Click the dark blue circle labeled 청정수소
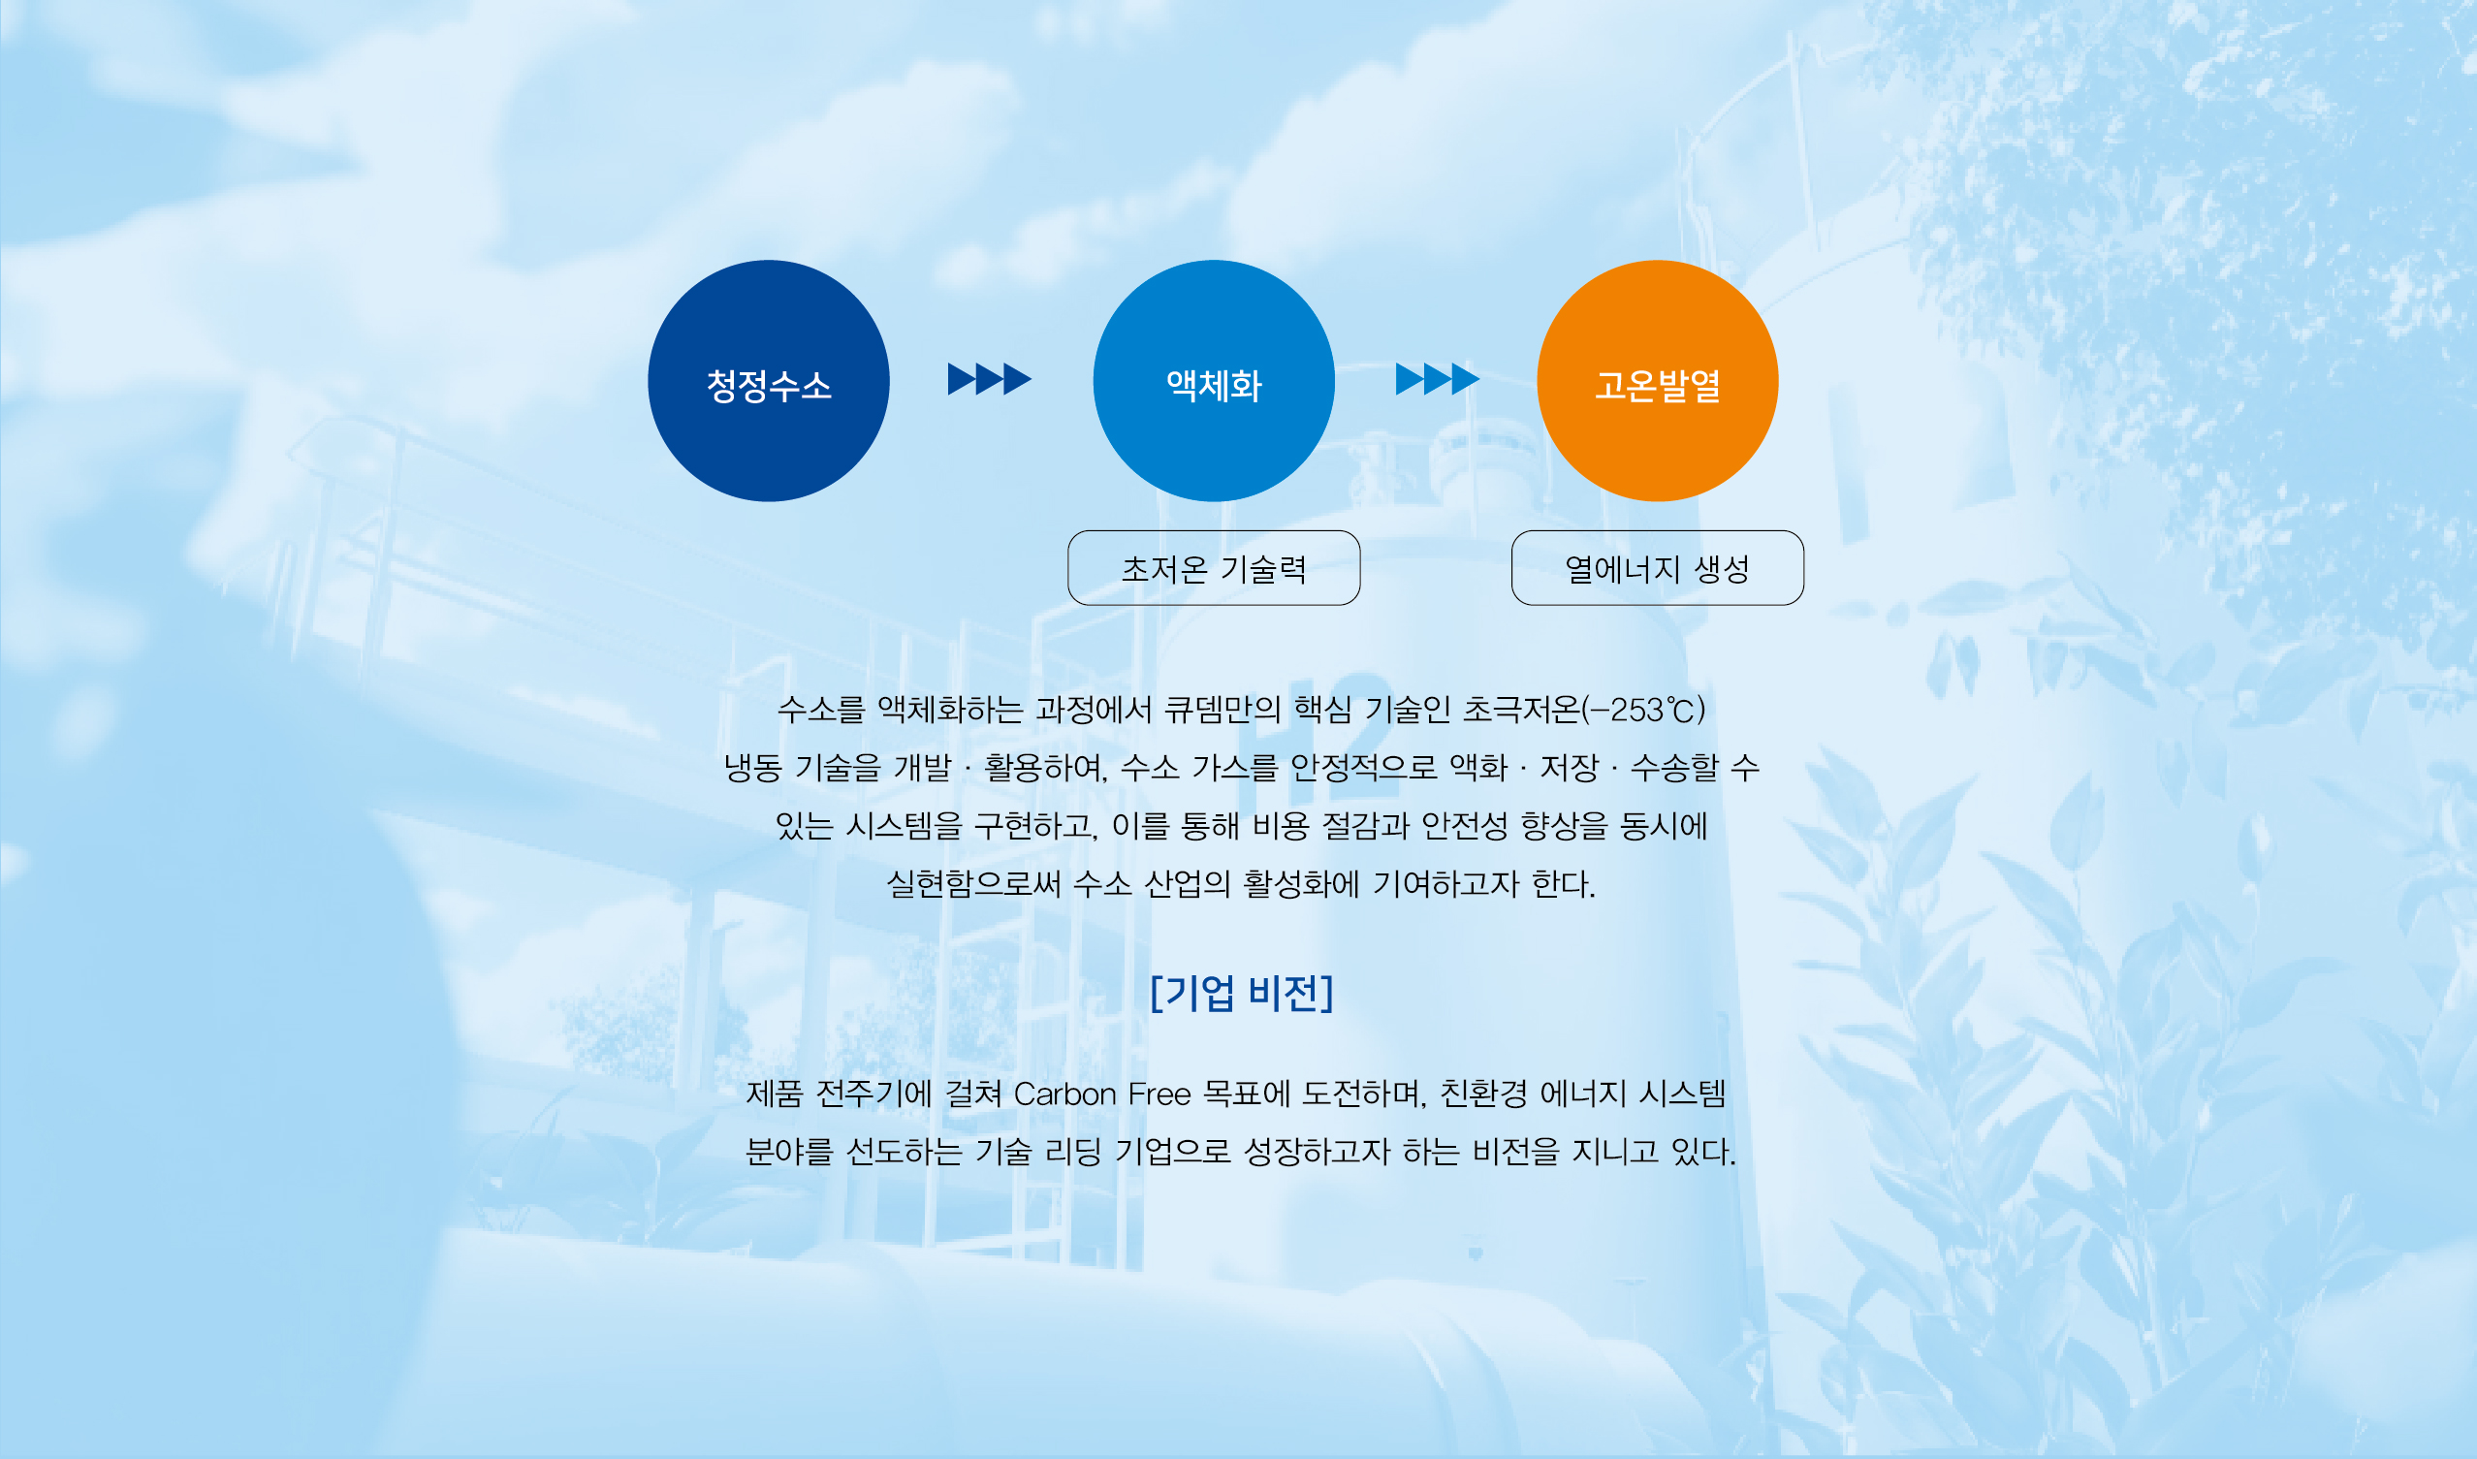pyautogui.click(x=769, y=380)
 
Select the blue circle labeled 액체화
pyautogui.click(x=1214, y=380)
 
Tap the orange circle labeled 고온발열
pyautogui.click(x=1658, y=380)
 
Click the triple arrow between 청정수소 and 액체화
pyautogui.click(x=990, y=378)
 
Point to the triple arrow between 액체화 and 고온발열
pyautogui.click(x=1438, y=378)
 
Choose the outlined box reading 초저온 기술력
pyautogui.click(x=1214, y=568)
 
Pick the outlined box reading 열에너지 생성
pyautogui.click(x=1658, y=568)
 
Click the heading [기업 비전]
pyautogui.click(x=1242, y=993)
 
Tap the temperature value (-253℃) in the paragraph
pyautogui.click(x=1643, y=709)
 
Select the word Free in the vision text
pyautogui.click(x=1159, y=1094)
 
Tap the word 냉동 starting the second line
pyautogui.click(x=753, y=767)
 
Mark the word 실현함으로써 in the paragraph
pyautogui.click(x=974, y=884)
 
